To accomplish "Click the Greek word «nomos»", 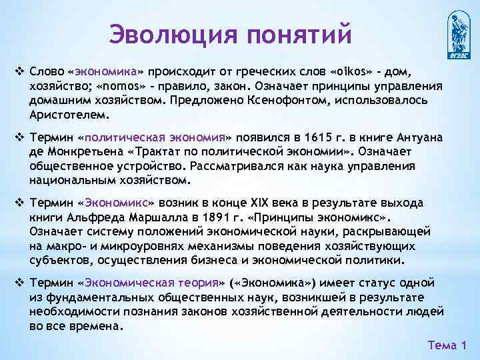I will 121,86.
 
